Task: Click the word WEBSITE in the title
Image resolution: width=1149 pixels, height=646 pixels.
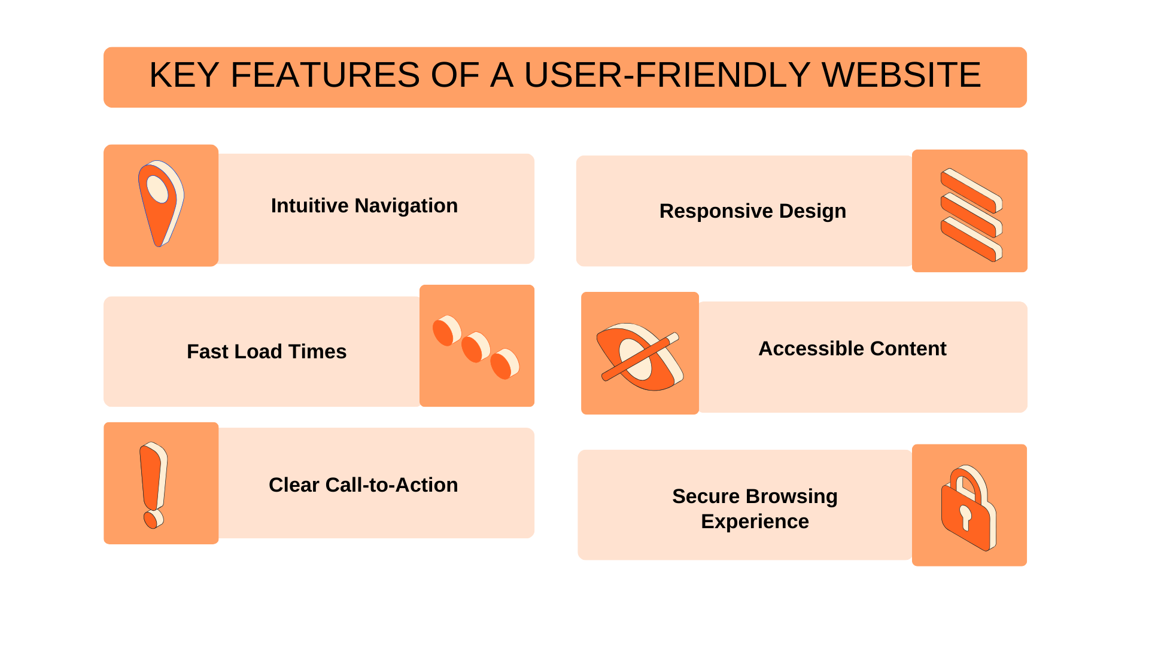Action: (x=901, y=75)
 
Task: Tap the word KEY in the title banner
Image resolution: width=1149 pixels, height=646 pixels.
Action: (x=184, y=75)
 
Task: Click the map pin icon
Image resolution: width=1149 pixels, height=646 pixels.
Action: (x=161, y=203)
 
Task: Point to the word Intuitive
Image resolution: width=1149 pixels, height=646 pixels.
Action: (x=309, y=206)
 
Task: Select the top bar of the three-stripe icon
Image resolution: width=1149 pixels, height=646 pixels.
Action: (x=971, y=191)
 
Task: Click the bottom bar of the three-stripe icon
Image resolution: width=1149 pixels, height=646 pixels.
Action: (x=971, y=239)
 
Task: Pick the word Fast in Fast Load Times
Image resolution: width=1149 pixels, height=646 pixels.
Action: (x=205, y=352)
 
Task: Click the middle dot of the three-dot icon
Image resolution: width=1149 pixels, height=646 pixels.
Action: (x=476, y=348)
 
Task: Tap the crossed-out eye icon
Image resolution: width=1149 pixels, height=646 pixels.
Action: (x=640, y=357)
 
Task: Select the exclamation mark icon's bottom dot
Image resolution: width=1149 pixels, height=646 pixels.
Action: (x=154, y=519)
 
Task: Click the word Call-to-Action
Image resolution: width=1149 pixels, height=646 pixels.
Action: (x=392, y=485)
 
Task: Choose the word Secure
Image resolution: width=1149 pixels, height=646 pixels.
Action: (x=706, y=496)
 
